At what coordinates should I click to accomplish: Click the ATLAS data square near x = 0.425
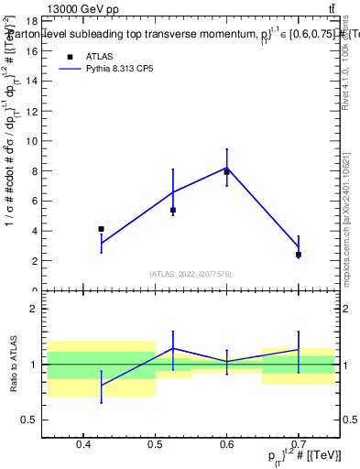coord(101,229)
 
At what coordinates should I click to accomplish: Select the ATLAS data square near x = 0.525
coord(173,210)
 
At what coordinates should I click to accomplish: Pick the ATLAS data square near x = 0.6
coord(227,171)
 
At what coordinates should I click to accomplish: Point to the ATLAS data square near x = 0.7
coord(299,255)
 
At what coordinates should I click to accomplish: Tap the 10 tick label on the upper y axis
coord(30,141)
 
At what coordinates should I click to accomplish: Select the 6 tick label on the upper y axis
coord(33,202)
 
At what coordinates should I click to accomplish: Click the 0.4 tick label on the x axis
coord(83,446)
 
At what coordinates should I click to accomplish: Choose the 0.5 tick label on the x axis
coord(155,446)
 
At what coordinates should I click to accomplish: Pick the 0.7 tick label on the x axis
coord(299,446)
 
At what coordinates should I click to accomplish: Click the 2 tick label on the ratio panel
coord(33,309)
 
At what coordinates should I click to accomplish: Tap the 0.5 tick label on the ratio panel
coord(29,420)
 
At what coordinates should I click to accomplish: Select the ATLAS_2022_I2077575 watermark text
coord(191,273)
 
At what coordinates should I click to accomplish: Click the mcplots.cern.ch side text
coord(347,220)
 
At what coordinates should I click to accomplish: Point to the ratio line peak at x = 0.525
coord(173,348)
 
